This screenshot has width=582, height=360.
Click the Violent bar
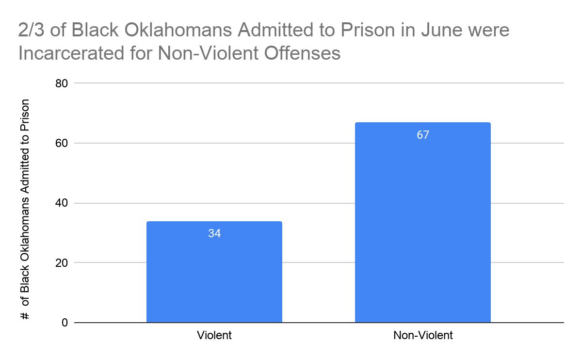[x=214, y=272]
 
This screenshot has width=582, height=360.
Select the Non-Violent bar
[x=422, y=223]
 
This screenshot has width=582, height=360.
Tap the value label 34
[x=214, y=233]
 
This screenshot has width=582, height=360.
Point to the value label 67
[x=423, y=135]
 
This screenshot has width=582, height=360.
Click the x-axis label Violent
[x=214, y=335]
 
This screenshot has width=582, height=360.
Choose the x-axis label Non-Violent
[x=423, y=335]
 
